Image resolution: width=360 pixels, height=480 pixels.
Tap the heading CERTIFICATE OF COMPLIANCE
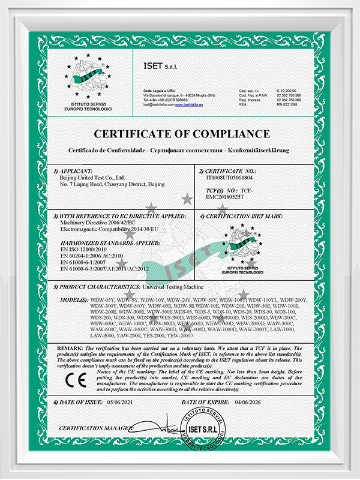click(180, 133)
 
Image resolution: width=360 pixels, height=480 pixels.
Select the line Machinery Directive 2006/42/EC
click(95, 223)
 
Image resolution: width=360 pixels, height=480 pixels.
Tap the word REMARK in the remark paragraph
click(70, 347)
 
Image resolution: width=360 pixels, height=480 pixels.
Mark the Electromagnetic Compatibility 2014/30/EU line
click(111, 229)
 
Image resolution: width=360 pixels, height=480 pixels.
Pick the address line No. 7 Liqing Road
click(112, 185)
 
